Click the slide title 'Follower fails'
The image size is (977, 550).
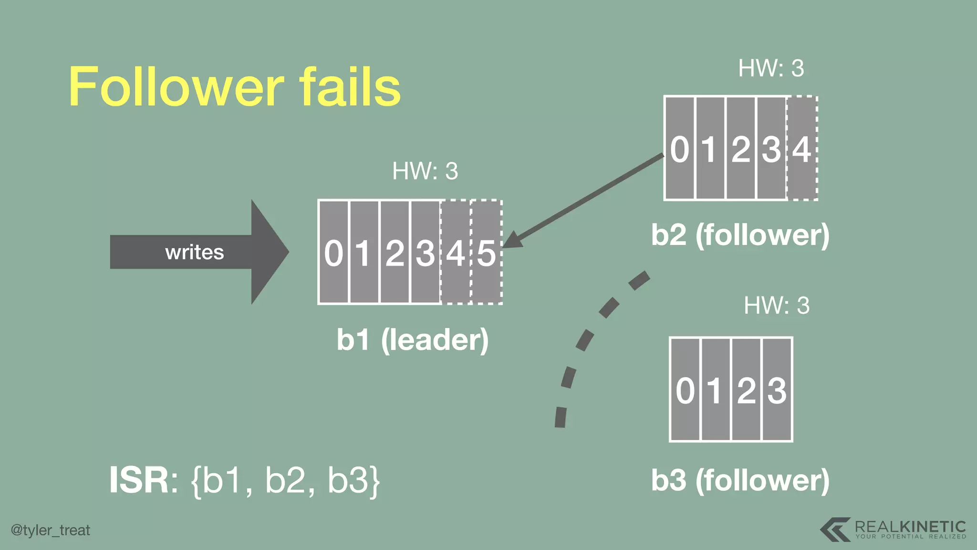235,87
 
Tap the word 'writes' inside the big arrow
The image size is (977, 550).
194,252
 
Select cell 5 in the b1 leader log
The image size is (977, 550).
487,252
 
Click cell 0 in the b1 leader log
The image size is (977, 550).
333,252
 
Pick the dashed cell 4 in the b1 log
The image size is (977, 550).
456,252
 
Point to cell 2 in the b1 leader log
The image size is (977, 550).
395,252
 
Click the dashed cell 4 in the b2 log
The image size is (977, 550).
802,149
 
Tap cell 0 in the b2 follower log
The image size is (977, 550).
680,149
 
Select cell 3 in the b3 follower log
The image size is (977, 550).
777,390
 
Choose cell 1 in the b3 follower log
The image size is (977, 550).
716,390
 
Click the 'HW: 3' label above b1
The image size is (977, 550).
425,171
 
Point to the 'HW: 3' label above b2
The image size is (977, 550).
771,68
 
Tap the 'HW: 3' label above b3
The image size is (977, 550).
777,306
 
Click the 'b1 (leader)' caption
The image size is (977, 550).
413,340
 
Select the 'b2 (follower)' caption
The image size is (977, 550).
740,235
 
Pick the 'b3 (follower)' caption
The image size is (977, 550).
740,480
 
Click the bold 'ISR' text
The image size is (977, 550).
138,480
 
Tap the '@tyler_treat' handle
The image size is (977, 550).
51,530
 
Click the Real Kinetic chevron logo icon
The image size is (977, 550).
835,529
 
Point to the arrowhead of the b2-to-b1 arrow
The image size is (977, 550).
511,241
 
